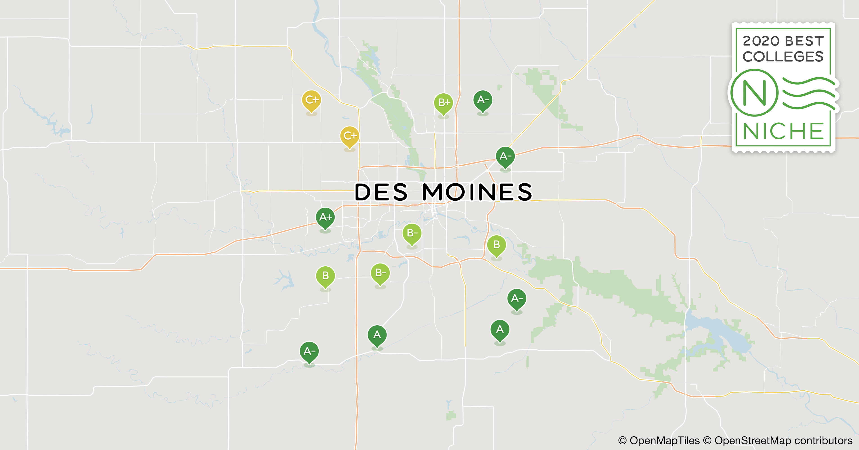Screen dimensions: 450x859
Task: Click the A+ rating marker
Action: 325,218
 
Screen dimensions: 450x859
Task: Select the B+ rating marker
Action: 443,103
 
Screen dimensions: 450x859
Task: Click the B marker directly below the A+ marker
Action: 325,276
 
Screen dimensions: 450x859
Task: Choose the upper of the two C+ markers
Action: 311,100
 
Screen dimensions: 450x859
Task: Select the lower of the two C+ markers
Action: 349,136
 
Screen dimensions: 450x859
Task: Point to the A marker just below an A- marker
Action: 499,330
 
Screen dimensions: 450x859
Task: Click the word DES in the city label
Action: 381,192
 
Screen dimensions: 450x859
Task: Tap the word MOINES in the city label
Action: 477,192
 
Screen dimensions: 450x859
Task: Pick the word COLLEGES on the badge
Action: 783,57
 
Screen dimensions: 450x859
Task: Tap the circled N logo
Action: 754,93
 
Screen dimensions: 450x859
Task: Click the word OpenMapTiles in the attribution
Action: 664,441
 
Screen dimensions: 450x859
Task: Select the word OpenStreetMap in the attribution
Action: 753,441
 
